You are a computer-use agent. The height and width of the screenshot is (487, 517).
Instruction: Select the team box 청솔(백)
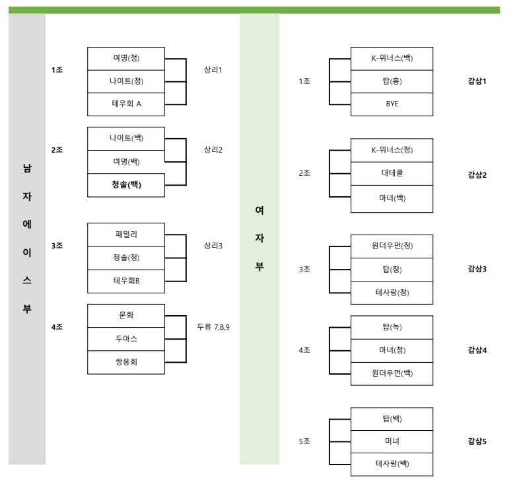pos(126,185)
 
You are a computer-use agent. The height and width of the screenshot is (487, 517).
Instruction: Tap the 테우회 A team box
pos(126,104)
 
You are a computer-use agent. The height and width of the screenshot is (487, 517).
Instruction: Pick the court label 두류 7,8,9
pos(213,326)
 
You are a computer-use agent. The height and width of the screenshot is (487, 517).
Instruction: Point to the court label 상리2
pos(213,150)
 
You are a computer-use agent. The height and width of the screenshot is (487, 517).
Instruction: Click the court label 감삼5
pos(477,441)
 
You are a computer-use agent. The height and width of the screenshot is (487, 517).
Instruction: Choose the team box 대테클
pos(392,174)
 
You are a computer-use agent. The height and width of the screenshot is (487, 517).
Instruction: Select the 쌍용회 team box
pos(126,363)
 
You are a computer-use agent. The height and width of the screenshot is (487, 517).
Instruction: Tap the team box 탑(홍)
pos(392,82)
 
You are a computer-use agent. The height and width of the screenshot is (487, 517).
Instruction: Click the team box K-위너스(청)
pos(392,150)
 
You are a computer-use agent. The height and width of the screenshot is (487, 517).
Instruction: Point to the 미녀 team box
pos(392,441)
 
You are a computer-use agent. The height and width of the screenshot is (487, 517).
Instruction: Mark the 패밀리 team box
pos(126,234)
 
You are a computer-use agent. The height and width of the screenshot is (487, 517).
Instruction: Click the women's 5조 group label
pos(304,441)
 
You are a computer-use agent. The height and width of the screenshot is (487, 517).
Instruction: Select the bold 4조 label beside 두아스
pos(57,326)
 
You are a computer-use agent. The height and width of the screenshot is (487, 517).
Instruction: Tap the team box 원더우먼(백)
pos(392,373)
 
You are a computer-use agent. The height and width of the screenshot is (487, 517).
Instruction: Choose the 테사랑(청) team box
pos(392,293)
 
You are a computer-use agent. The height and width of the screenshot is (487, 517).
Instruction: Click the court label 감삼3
pos(477,269)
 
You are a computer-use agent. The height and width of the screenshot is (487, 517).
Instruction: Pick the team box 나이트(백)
pos(126,138)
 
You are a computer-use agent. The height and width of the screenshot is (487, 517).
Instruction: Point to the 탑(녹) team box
pos(392,326)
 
